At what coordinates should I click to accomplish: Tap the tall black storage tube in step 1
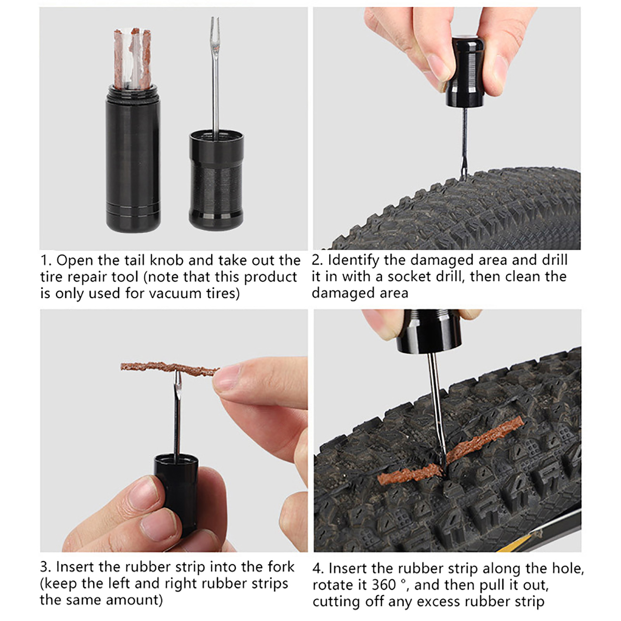pos(133,159)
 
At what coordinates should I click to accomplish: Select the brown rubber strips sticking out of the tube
pos(132,57)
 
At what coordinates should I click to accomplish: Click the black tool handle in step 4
pos(429,331)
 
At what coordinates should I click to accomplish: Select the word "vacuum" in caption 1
pos(175,293)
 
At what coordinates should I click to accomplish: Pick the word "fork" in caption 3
pos(281,567)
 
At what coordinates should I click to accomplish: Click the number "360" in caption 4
pos(384,585)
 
